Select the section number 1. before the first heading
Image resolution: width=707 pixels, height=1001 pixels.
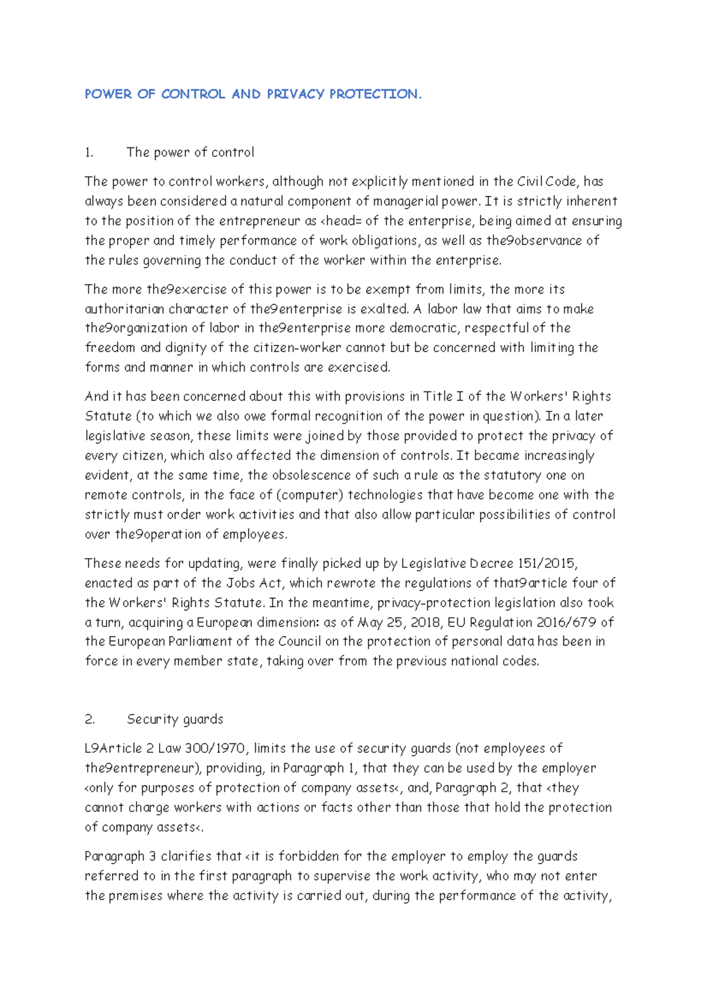89,153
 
